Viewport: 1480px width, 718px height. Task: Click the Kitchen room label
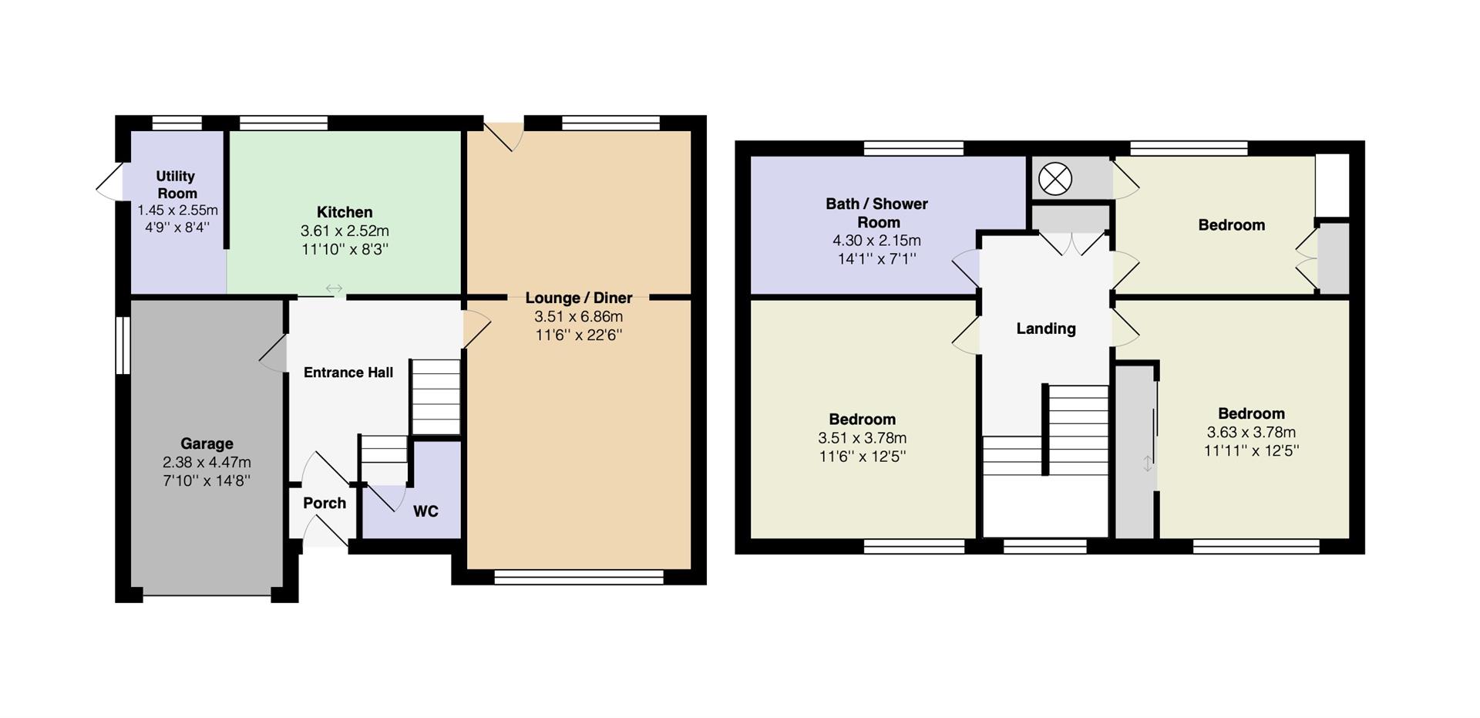coord(345,212)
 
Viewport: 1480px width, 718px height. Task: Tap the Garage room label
coord(207,443)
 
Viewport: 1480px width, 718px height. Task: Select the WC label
coord(425,511)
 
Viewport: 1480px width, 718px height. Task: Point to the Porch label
coord(325,503)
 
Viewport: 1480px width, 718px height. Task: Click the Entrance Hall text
coord(348,372)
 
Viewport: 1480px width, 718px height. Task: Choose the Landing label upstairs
coord(1046,329)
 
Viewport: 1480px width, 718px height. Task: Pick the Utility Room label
coord(177,185)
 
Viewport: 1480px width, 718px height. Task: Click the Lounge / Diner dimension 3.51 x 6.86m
coord(579,317)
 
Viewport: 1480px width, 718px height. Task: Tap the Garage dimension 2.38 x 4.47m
coord(207,463)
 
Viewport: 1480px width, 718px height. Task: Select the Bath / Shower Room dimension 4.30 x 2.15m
coord(877,241)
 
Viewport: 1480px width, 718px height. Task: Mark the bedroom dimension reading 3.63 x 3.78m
coord(1251,433)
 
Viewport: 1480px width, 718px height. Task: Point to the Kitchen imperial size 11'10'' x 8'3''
coord(345,249)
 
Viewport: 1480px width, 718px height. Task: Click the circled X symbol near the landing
coord(1055,180)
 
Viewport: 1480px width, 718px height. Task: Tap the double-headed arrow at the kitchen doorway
coord(334,288)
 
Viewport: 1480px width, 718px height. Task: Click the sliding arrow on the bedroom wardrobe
coord(1148,463)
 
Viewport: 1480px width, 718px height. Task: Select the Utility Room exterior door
coord(110,183)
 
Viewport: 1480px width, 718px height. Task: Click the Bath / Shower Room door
coord(966,268)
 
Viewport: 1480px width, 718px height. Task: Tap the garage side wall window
coord(123,345)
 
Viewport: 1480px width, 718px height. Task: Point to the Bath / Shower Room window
coord(913,148)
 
